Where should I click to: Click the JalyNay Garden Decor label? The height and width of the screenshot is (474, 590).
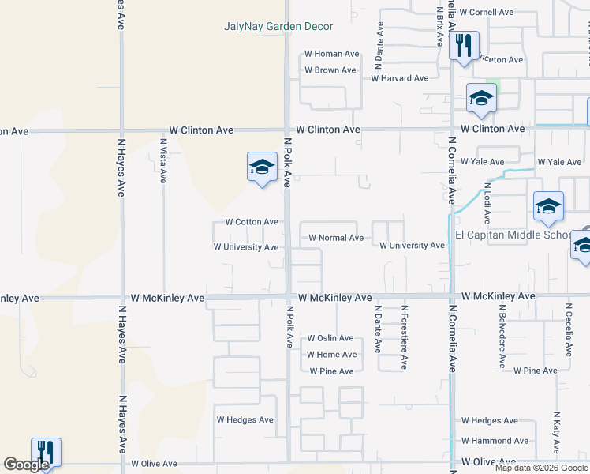(x=278, y=26)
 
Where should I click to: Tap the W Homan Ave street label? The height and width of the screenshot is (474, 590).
(x=331, y=54)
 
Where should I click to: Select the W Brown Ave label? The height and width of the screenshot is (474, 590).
(x=331, y=70)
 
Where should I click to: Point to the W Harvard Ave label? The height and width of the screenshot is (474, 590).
(x=400, y=78)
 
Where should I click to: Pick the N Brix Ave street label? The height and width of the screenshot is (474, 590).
(x=439, y=24)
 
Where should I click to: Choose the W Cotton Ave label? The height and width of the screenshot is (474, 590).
(x=252, y=222)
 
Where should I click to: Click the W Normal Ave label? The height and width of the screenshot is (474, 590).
(x=336, y=237)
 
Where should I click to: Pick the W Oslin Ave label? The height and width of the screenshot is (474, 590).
(x=330, y=338)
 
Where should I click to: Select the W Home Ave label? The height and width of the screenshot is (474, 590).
(x=331, y=355)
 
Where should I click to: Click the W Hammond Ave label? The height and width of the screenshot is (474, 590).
(x=495, y=441)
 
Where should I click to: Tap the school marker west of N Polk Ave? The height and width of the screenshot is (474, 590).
(x=262, y=167)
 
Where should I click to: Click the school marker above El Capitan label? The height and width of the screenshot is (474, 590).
(x=548, y=207)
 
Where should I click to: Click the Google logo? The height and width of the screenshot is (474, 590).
(x=26, y=465)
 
